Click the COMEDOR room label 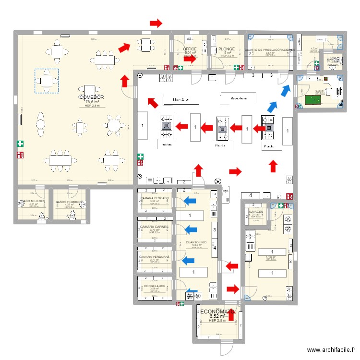[x=92, y=96]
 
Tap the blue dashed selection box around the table [x=47, y=81]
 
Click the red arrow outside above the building [x=156, y=23]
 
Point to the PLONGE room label [x=227, y=49]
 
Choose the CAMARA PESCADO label [x=154, y=198]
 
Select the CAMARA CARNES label [x=154, y=227]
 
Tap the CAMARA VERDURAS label [x=154, y=256]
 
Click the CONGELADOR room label [x=154, y=286]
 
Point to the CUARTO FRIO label [x=196, y=242]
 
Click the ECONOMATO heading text [x=217, y=311]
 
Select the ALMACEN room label [x=255, y=212]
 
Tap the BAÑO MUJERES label [x=33, y=202]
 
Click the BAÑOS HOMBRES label [x=69, y=202]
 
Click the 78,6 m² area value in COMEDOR [x=92, y=102]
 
